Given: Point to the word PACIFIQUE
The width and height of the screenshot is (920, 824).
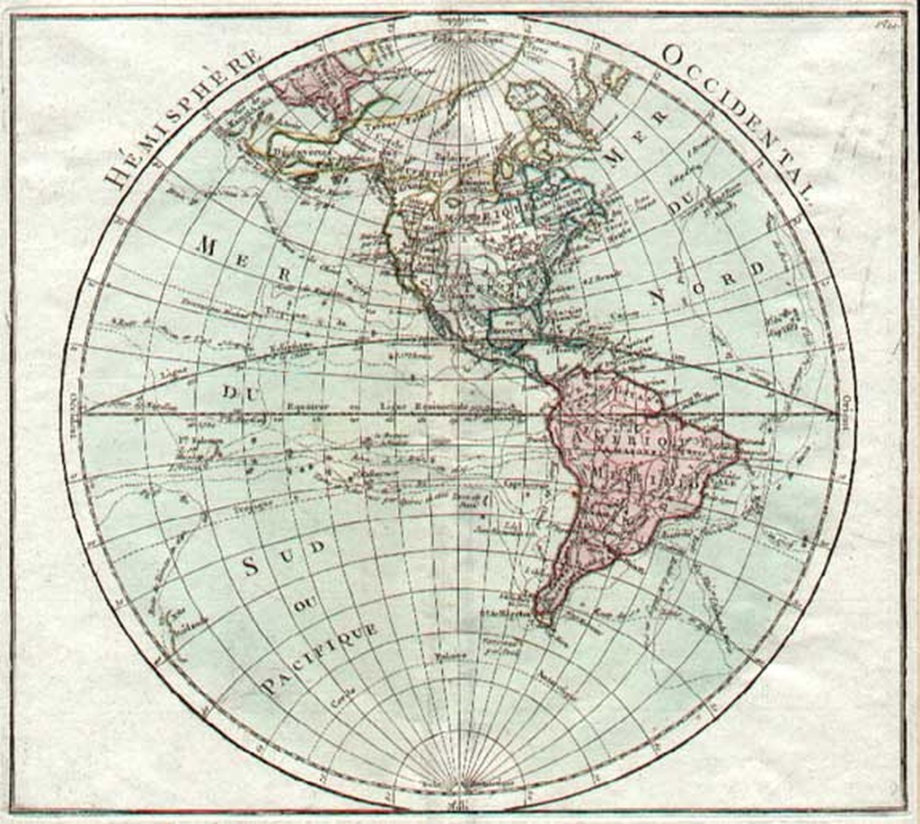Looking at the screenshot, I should [320, 659].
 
